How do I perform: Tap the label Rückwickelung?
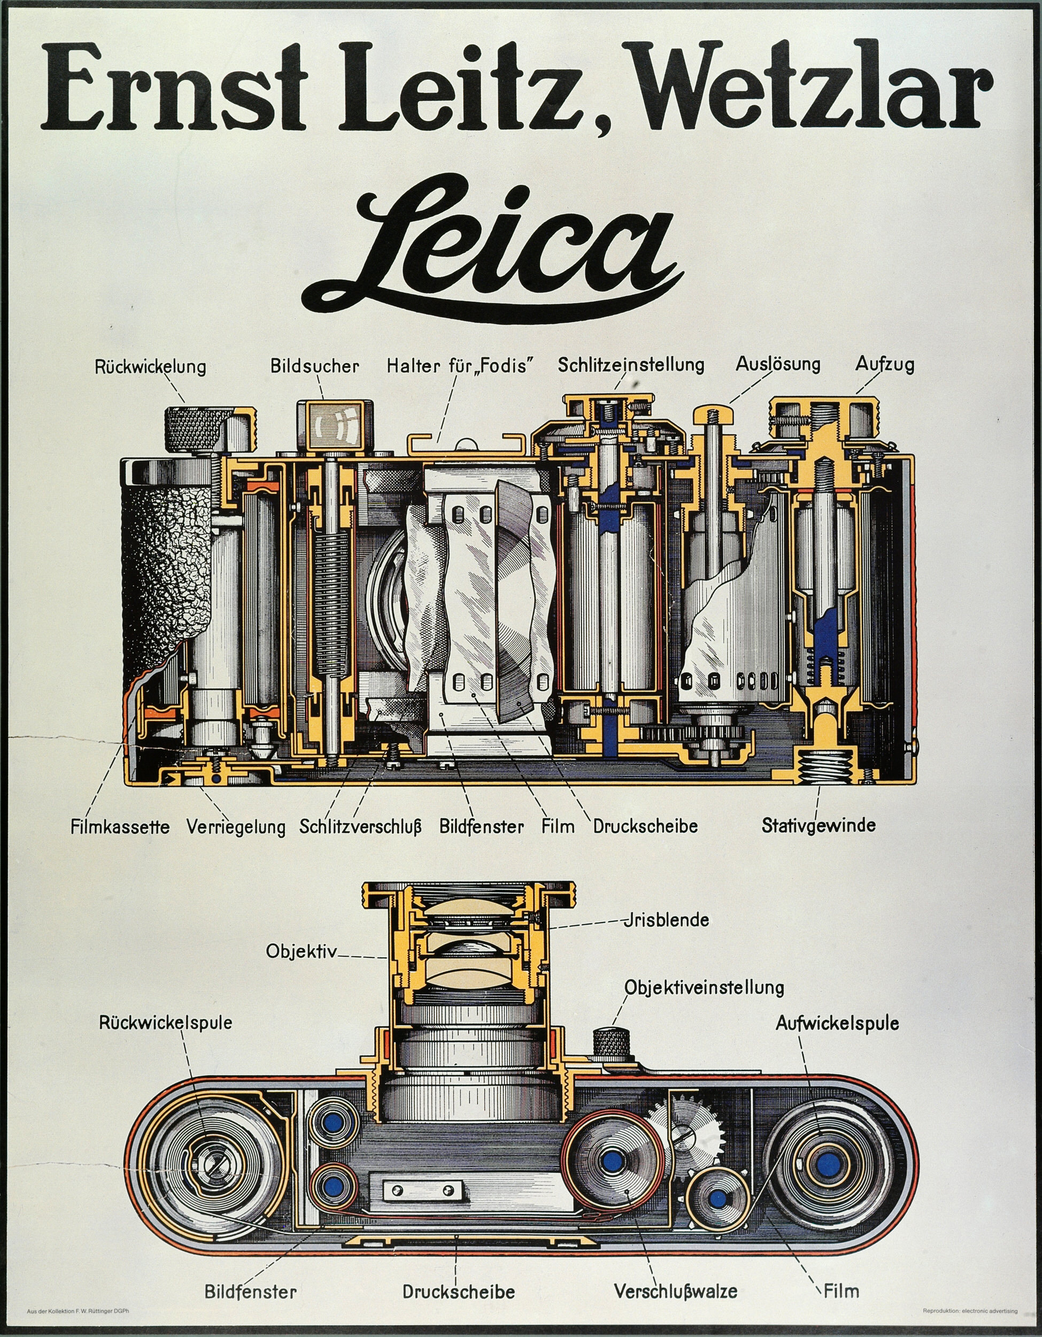pos(150,367)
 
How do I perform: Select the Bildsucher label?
pos(314,366)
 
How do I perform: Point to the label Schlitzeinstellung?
pos(631,365)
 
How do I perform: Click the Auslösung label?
pos(777,364)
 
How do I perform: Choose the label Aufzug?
pos(884,364)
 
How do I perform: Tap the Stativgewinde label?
pos(818,825)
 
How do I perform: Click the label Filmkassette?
pos(120,827)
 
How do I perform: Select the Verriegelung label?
pos(236,827)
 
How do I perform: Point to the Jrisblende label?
pos(666,920)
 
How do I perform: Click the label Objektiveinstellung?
pos(704,987)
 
